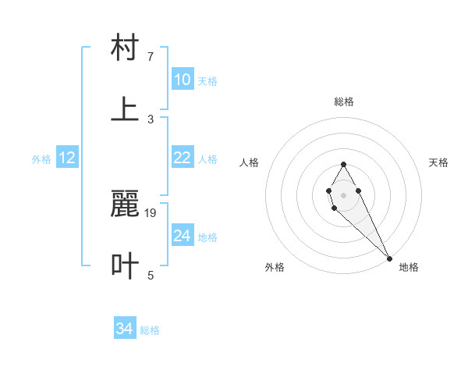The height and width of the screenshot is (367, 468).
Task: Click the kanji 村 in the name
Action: click(125, 48)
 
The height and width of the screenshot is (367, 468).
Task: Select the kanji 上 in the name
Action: click(125, 110)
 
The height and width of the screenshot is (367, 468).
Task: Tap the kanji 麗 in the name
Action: click(125, 205)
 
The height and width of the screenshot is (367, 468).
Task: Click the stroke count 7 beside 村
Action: click(151, 57)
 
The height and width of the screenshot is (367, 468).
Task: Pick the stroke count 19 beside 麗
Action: click(151, 212)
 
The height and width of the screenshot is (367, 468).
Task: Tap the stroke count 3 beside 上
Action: click(151, 119)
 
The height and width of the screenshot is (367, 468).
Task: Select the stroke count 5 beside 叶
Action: click(151, 275)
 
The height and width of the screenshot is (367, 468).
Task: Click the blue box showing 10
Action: click(183, 80)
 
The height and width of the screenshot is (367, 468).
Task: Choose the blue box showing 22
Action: click(183, 158)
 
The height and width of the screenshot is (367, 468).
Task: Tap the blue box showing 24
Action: click(183, 236)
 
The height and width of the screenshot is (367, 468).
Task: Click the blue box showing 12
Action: click(67, 158)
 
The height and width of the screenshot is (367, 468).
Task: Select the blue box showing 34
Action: click(125, 329)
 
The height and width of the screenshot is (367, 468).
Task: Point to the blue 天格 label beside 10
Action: click(207, 81)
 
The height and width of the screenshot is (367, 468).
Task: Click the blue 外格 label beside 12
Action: click(41, 159)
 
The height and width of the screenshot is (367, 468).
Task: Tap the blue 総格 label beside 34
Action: click(150, 330)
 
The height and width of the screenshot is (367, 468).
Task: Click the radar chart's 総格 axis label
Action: click(344, 102)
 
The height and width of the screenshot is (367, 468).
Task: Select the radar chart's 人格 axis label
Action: click(250, 162)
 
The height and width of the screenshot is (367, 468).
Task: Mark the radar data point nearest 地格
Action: click(389, 258)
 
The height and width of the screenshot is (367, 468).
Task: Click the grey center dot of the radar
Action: click(343, 194)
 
